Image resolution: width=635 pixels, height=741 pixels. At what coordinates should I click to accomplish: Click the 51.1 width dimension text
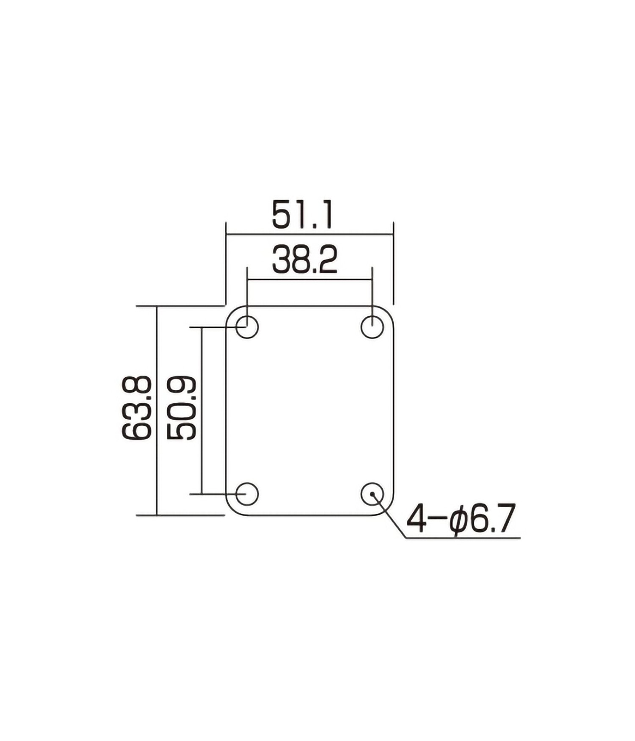pyautogui.click(x=302, y=215)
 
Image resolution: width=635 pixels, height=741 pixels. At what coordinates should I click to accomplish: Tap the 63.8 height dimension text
pyautogui.click(x=136, y=408)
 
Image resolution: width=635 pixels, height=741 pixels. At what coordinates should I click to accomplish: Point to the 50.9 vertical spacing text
pyautogui.click(x=182, y=408)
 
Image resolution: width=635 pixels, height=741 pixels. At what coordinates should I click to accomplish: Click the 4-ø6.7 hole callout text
pyautogui.click(x=461, y=518)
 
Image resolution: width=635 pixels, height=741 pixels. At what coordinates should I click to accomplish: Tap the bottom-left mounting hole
pyautogui.click(x=247, y=494)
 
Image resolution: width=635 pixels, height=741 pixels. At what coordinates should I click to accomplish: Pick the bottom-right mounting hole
pyautogui.click(x=372, y=494)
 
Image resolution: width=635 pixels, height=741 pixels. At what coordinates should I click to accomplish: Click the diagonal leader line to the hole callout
pyautogui.click(x=389, y=516)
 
